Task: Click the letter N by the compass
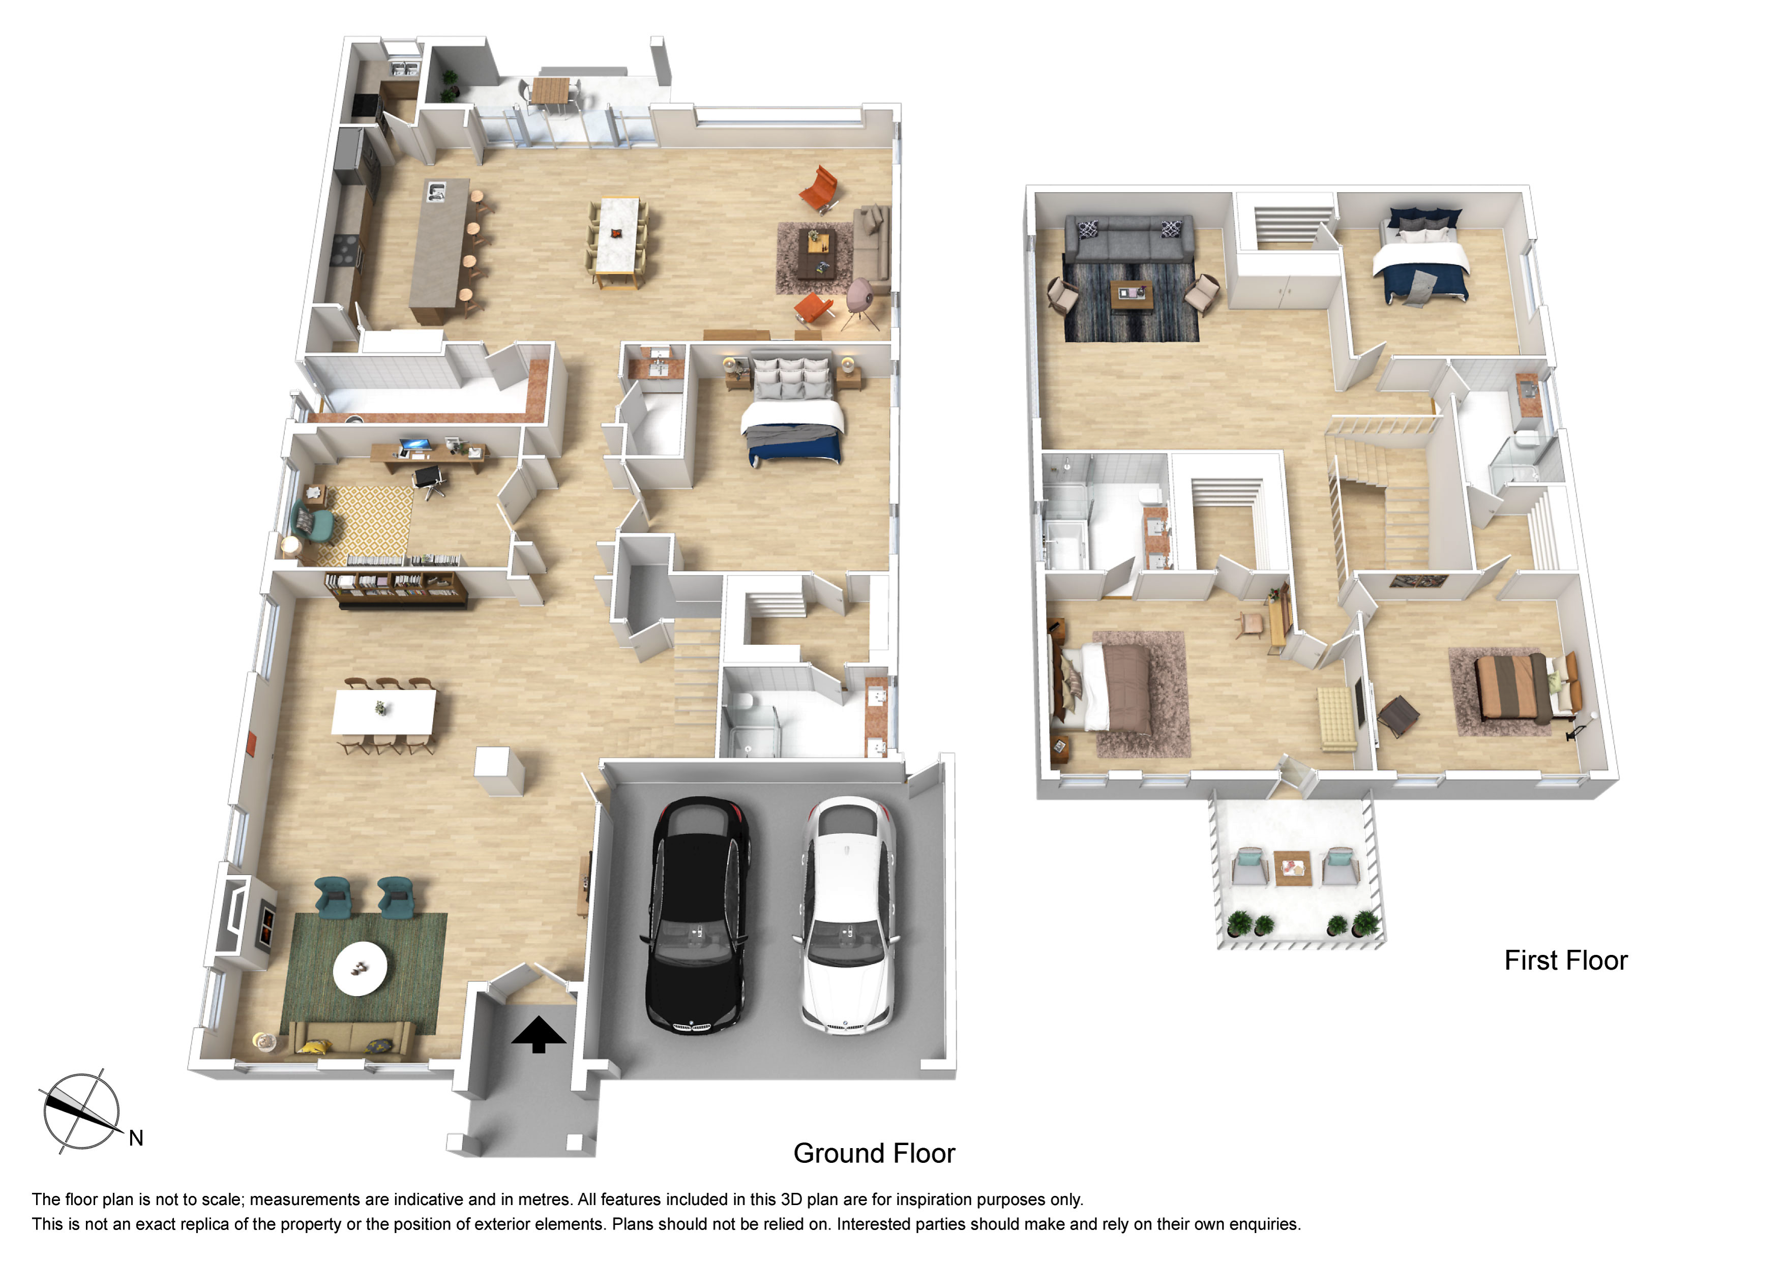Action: pyautogui.click(x=136, y=1138)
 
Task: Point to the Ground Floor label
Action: pyautogui.click(x=874, y=1153)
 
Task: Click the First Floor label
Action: pyautogui.click(x=1566, y=960)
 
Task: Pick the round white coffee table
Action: pyautogui.click(x=360, y=969)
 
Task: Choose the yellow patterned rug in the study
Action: pyautogui.click(x=365, y=522)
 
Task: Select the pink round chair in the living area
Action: pyautogui.click(x=859, y=296)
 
